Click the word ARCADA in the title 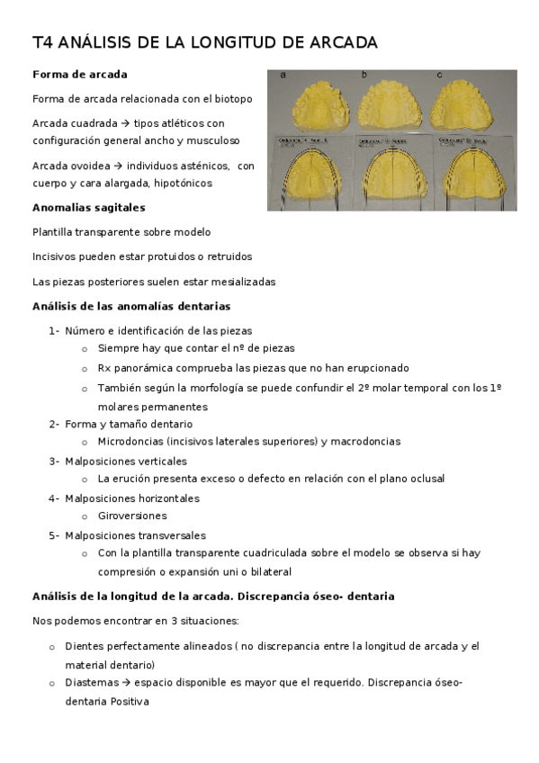(x=343, y=42)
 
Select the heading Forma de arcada (x=79, y=74)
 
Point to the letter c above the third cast (x=439, y=75)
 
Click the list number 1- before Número (x=54, y=330)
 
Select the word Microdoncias (x=131, y=442)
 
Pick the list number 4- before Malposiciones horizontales (x=54, y=498)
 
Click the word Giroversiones (x=132, y=516)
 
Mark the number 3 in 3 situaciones (x=174, y=621)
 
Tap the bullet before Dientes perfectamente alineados (x=52, y=646)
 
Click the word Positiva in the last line (x=130, y=701)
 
